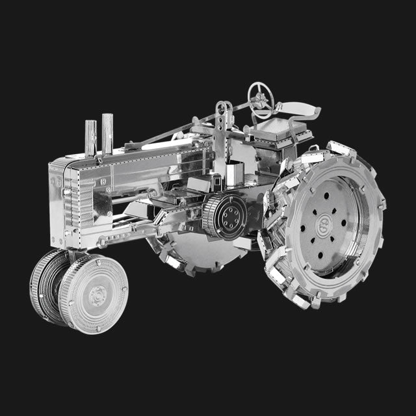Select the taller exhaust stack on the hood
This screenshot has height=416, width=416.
coord(107,133)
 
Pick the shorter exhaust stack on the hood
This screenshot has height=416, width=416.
coord(91,137)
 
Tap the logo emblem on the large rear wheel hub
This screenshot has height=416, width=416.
coord(323,225)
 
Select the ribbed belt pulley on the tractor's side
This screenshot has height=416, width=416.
coord(225,217)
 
